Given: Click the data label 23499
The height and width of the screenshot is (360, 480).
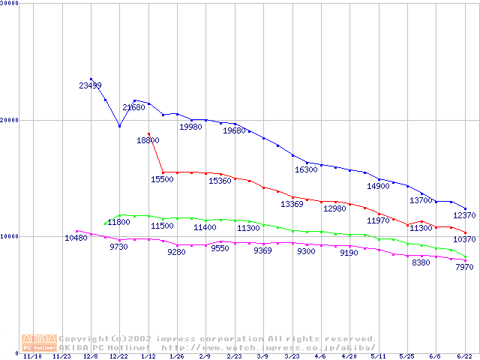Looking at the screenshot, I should tap(90, 85).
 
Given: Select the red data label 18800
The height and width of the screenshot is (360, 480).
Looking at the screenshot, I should tap(148, 140).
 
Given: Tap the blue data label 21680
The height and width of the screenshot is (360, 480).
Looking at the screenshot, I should tap(133, 108).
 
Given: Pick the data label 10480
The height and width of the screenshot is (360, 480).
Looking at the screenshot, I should tap(76, 238).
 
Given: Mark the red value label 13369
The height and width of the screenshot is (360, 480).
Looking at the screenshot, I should tap(292, 204).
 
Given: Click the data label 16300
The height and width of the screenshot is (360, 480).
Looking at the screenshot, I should tap(306, 170).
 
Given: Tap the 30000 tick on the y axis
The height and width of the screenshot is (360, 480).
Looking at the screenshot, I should tap(9, 4).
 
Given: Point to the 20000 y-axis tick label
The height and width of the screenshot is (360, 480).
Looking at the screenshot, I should tap(9, 120).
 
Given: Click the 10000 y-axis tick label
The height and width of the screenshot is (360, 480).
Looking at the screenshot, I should tap(9, 236).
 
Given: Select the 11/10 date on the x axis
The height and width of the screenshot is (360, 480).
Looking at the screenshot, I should tap(32, 357).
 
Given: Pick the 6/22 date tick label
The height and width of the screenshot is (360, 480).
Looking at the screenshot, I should tap(465, 357).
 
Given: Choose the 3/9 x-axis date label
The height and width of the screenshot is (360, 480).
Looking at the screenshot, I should tap(263, 357).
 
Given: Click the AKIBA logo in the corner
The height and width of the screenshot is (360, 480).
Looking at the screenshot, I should tap(39, 343).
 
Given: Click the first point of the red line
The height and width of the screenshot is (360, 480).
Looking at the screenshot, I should tap(148, 133).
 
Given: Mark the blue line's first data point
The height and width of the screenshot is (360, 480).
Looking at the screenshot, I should tap(91, 79).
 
